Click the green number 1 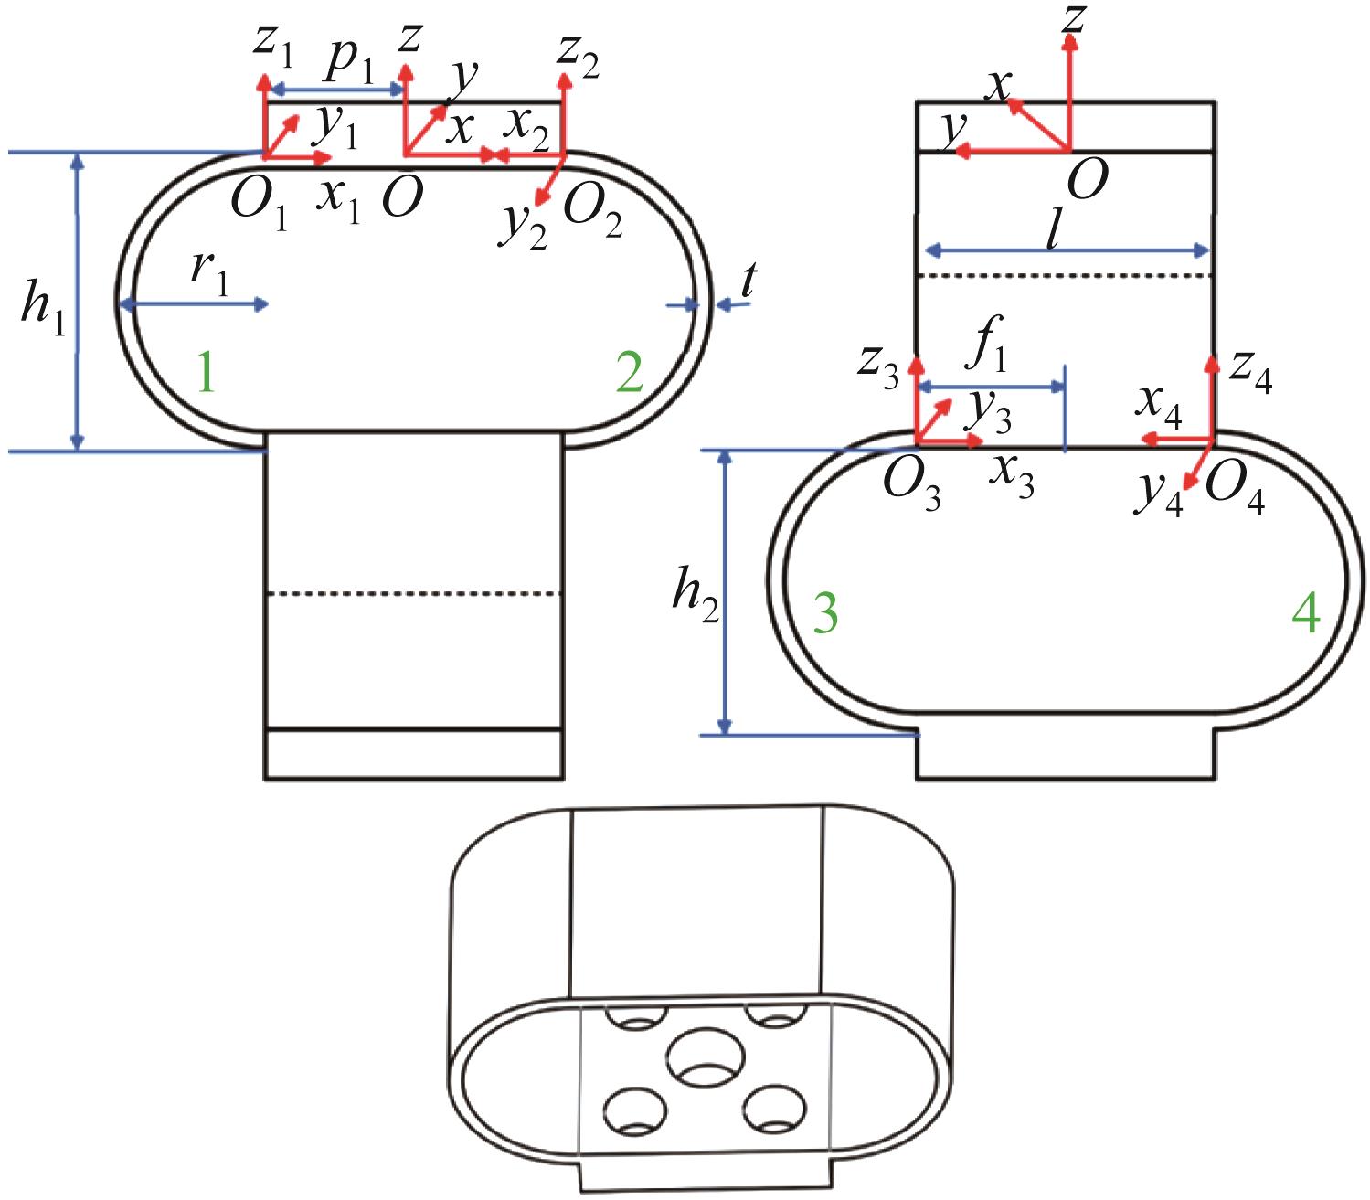(207, 374)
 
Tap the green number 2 (629, 374)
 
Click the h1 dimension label (44, 313)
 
